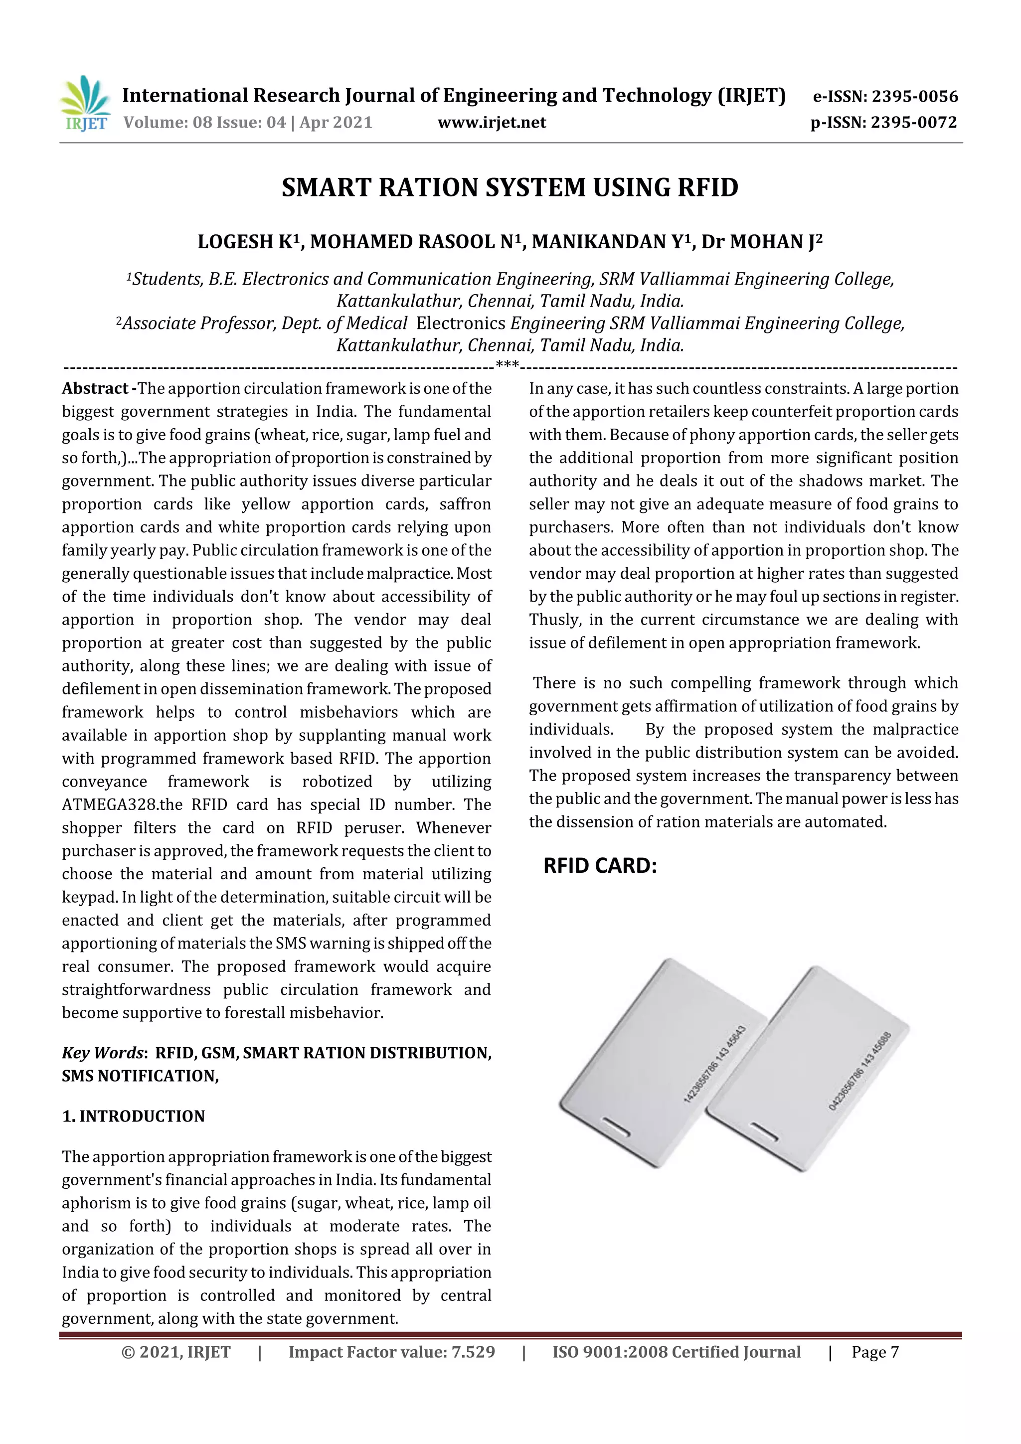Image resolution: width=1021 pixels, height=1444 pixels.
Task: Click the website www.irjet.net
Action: tap(492, 123)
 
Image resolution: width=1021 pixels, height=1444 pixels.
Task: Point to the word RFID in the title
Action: tap(708, 188)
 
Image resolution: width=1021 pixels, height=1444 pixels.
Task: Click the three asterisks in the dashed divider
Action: tap(507, 365)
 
